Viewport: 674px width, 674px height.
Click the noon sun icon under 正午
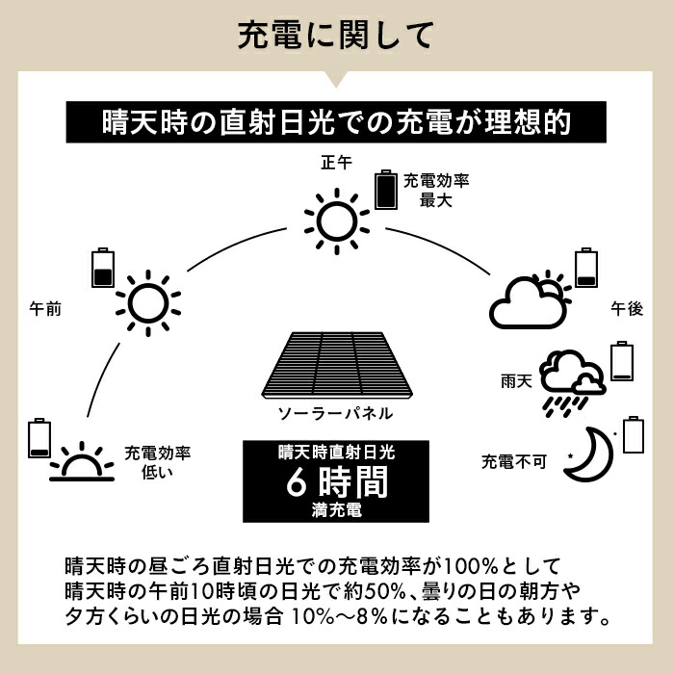[337, 221]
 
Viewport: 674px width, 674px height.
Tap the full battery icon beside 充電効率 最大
[386, 190]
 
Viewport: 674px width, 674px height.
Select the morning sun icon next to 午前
[148, 303]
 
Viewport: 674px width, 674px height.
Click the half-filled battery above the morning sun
[103, 268]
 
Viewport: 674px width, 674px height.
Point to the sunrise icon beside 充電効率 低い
[82, 461]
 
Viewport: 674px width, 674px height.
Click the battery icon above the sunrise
[39, 437]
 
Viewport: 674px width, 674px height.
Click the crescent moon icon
[589, 454]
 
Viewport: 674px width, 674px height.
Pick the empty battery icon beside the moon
[634, 434]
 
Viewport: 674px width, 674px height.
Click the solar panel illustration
[337, 365]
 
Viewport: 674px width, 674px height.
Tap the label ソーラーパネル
[336, 413]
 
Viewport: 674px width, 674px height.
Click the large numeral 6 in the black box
[297, 481]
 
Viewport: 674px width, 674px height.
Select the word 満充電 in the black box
[337, 510]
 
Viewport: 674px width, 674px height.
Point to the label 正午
[337, 163]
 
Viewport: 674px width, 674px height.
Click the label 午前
[45, 309]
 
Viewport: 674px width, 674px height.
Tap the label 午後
[627, 309]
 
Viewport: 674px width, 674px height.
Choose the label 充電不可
[514, 461]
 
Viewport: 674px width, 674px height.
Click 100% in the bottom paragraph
[470, 566]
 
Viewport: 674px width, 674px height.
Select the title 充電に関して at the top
[336, 36]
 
